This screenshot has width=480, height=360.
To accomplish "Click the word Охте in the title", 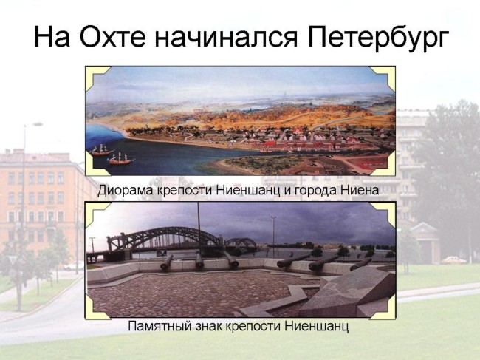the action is [112, 36].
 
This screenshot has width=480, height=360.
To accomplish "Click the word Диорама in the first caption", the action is [126, 191].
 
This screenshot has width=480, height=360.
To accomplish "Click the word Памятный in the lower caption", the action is [160, 326].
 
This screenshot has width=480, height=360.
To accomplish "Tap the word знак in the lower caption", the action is [209, 326].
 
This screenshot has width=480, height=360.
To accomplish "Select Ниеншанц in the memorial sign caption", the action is [317, 326].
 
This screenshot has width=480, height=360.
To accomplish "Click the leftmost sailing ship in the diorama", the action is [102, 150].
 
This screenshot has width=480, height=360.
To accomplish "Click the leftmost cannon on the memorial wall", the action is [166, 263].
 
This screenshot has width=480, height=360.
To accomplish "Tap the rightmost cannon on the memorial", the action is [360, 264].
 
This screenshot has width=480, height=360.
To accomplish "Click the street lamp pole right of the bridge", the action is [273, 237].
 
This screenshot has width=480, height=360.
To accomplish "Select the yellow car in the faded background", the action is [453, 260].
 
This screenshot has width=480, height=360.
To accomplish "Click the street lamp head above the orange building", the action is [38, 124].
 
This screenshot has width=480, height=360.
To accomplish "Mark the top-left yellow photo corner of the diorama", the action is [95, 76].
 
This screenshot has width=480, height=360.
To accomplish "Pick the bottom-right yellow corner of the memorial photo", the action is [385, 308].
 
